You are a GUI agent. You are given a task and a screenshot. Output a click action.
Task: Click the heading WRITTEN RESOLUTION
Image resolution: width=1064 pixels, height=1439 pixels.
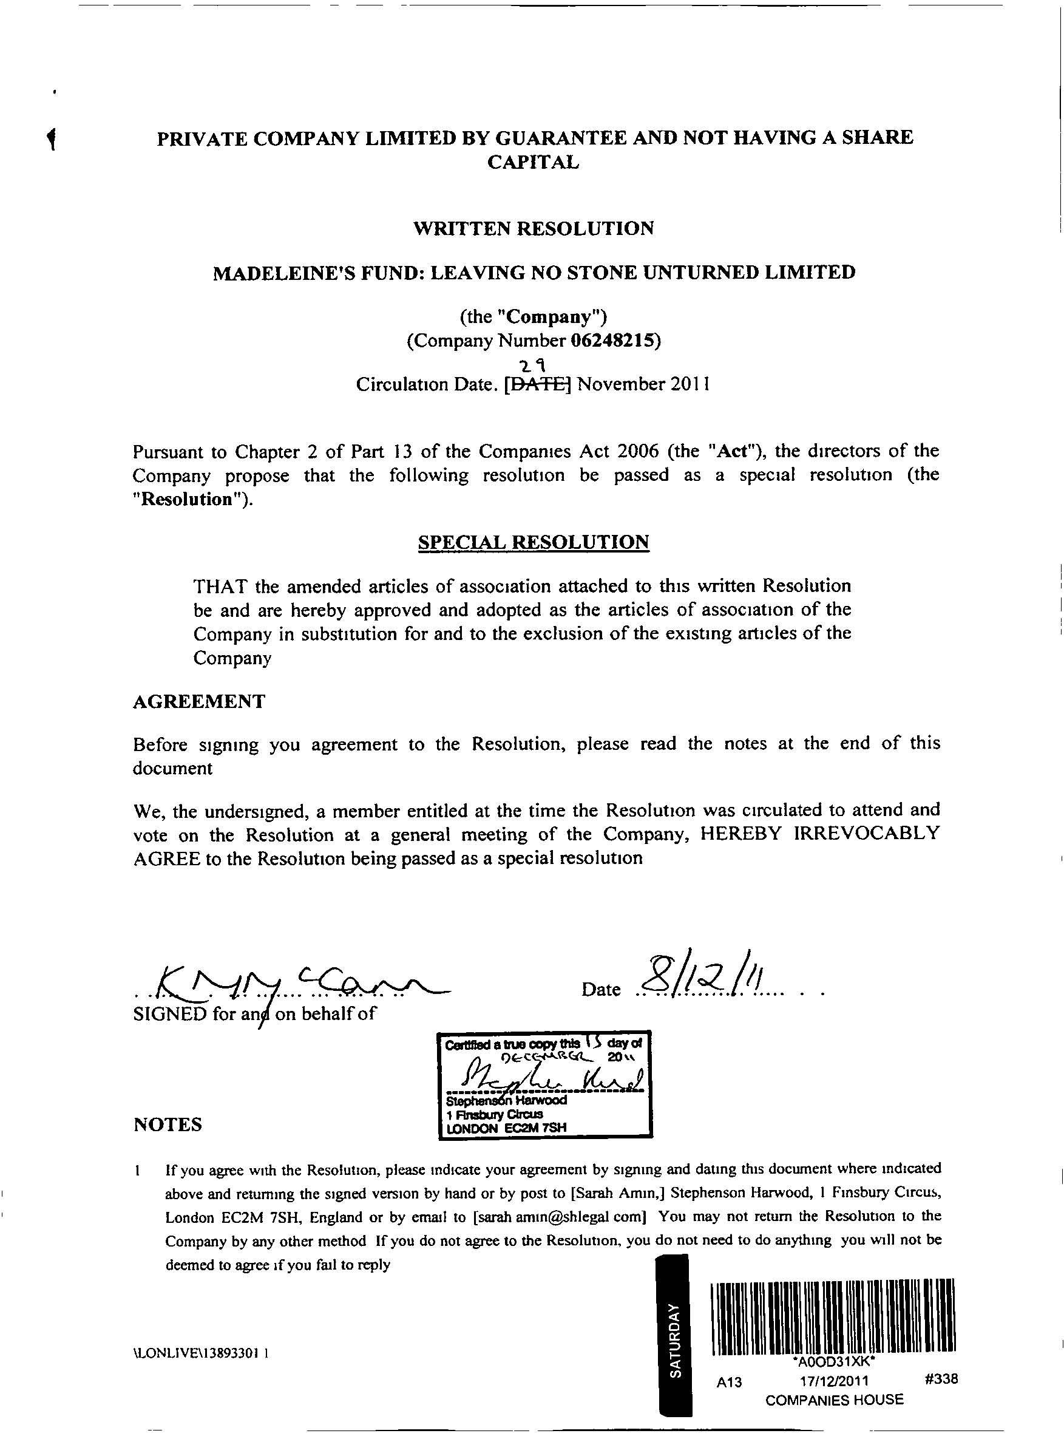pyautogui.click(x=534, y=229)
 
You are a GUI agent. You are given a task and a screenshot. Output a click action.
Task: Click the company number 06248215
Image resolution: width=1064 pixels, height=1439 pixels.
pyautogui.click(x=615, y=340)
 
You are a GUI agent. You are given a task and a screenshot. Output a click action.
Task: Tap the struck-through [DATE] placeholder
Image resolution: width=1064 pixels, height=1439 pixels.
pyautogui.click(x=538, y=384)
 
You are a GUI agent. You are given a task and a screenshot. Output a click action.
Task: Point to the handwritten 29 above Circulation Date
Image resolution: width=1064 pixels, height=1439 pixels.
pyautogui.click(x=534, y=367)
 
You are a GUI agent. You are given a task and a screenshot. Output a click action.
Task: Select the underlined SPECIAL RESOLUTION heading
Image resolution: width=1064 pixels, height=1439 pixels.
pyautogui.click(x=534, y=542)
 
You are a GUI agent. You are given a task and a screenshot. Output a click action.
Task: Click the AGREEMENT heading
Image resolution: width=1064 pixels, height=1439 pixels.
pyautogui.click(x=199, y=701)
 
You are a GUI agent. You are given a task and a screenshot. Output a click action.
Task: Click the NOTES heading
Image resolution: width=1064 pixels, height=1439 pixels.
pyautogui.click(x=168, y=1124)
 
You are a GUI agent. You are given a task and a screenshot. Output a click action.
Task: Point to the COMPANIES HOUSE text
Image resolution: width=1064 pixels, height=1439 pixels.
pyautogui.click(x=834, y=1400)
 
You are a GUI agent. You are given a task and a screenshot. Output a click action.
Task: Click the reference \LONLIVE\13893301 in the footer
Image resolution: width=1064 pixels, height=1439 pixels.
pyautogui.click(x=200, y=1353)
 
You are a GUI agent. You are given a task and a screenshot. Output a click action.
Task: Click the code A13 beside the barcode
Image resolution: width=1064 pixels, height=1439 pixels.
pyautogui.click(x=729, y=1383)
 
